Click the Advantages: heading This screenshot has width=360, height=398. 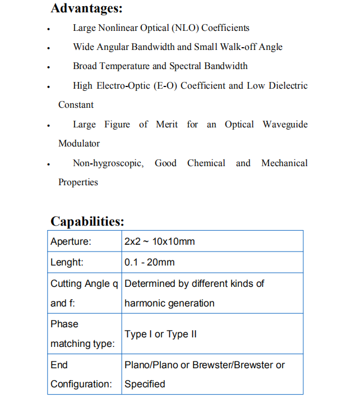click(x=86, y=8)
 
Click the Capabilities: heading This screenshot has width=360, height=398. click(x=87, y=221)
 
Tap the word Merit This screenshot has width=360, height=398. click(x=167, y=124)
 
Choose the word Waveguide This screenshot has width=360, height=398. click(x=285, y=124)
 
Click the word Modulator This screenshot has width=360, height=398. click(x=79, y=143)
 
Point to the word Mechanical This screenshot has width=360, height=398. click(x=284, y=163)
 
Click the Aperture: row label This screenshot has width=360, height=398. click(x=71, y=241)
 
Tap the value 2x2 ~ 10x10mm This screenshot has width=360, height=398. click(x=160, y=241)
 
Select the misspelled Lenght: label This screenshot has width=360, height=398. click(x=67, y=262)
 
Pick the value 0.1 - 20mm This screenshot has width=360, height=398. click(x=150, y=262)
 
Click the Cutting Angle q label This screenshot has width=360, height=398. click(x=84, y=283)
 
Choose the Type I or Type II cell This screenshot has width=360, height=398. click(x=161, y=334)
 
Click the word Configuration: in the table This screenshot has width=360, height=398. click(x=81, y=384)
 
